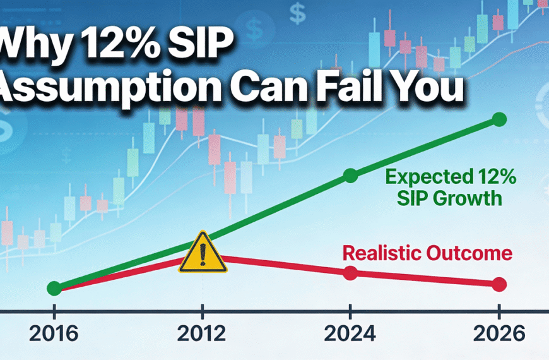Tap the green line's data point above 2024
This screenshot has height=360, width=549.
tap(351, 176)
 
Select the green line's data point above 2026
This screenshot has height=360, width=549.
tap(499, 119)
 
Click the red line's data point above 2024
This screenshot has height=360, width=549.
tap(351, 273)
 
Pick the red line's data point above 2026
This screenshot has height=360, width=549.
tap(499, 284)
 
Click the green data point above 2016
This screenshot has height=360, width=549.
tap(55, 289)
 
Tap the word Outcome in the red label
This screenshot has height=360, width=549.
tap(471, 255)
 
